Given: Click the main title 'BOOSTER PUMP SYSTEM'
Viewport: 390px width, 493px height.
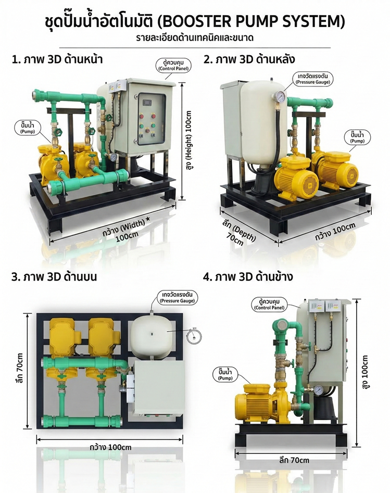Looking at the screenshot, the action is pos(253,21).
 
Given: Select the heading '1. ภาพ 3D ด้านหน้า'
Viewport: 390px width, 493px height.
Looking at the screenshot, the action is pos(57,59).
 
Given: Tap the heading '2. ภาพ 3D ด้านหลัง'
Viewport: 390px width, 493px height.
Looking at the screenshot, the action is pos(249,59).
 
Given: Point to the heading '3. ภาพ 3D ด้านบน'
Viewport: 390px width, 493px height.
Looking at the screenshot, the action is pos(54,276).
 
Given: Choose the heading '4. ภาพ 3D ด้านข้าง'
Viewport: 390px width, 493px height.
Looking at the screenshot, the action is pos(248,276).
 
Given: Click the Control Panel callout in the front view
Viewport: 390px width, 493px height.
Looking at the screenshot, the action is pos(173,65).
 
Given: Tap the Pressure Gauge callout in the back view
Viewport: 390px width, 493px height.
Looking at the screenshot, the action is pos(312,79).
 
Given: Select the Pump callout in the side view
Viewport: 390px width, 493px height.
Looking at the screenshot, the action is pos(225,374).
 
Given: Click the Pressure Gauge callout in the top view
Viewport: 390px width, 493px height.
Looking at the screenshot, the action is pos(178,298).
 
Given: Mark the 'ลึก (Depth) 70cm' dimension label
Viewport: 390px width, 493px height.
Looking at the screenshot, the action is pos(238,233).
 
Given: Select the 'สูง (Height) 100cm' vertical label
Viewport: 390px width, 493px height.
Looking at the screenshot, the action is pos(189,140).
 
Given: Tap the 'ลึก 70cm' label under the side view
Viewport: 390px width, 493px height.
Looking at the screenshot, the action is pos(294,460).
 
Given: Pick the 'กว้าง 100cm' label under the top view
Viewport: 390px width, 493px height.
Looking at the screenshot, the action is pos(110,447).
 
